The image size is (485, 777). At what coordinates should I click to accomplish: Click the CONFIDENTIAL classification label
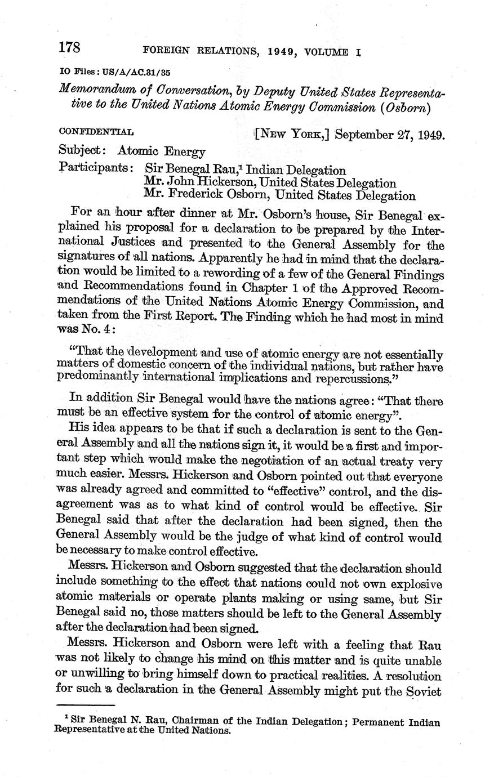point(96,133)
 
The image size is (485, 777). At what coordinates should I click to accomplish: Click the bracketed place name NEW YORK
point(293,136)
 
